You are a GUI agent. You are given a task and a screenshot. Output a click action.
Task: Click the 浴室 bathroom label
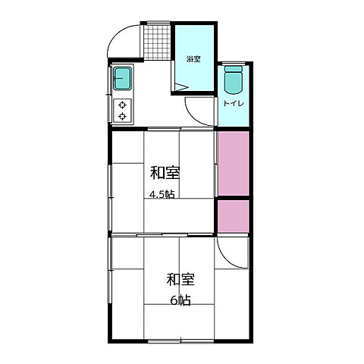pyautogui.click(x=193, y=59)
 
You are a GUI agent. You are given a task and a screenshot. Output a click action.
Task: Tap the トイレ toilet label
pyautogui.click(x=234, y=103)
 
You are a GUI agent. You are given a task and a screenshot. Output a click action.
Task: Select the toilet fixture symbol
pyautogui.click(x=234, y=80)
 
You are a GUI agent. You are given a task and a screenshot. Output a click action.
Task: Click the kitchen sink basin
pyautogui.click(x=122, y=78)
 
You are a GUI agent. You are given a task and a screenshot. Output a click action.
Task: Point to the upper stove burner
pyautogui.click(x=122, y=105)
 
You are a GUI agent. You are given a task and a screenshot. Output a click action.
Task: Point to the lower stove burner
pyautogui.click(x=122, y=116)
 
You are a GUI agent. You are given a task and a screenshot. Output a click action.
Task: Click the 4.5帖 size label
pyautogui.click(x=162, y=195)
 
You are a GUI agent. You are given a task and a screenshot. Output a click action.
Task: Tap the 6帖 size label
pyautogui.click(x=180, y=300)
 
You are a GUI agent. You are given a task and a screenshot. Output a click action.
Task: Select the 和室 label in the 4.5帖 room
pyautogui.click(x=165, y=173)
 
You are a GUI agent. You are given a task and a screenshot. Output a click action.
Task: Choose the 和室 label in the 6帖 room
pyautogui.click(x=180, y=280)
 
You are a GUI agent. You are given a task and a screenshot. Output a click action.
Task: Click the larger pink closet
pyautogui.click(x=234, y=163)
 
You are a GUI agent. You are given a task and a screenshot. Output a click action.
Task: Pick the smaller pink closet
pyautogui.click(x=234, y=216)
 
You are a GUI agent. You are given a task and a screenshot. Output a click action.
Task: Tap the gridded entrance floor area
pyautogui.click(x=158, y=42)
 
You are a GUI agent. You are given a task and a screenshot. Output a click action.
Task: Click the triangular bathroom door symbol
pyautogui.click(x=181, y=87)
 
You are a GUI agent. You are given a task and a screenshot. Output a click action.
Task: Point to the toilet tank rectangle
pyautogui.click(x=234, y=69)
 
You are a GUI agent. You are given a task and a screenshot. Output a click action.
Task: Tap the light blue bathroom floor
pyautogui.click(x=194, y=58)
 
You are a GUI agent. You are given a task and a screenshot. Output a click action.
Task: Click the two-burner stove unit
pyautogui.click(x=122, y=111)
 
